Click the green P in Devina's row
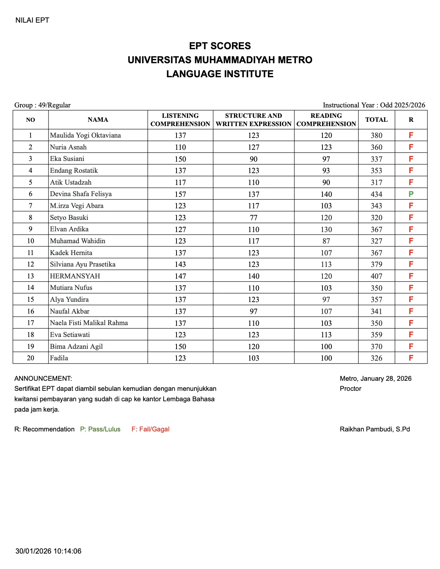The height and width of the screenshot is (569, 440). (x=411, y=194)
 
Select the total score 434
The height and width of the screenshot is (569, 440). (x=376, y=194)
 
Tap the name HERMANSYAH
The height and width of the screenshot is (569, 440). (x=75, y=276)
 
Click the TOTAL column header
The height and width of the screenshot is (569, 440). (x=376, y=120)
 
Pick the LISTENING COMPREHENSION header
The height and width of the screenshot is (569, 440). (x=180, y=120)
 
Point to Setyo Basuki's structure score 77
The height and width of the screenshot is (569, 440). (x=253, y=218)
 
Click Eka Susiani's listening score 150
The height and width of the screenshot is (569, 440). (x=180, y=159)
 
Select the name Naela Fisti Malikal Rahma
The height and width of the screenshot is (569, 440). (x=89, y=323)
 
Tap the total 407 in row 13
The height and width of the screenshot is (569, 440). (x=376, y=276)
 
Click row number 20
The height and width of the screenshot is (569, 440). (x=31, y=358)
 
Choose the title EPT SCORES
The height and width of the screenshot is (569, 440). (x=220, y=46)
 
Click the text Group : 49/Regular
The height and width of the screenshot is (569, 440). (x=42, y=105)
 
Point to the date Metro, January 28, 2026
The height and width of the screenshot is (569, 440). (x=375, y=378)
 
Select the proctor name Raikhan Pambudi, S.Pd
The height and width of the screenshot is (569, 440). (x=375, y=429)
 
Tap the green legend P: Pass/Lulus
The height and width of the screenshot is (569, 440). (x=100, y=429)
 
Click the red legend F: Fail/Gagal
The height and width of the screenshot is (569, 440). (x=150, y=429)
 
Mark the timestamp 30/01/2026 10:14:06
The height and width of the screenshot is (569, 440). (x=48, y=551)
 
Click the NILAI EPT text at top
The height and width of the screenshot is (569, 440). (x=32, y=20)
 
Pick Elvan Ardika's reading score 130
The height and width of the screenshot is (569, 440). (x=326, y=230)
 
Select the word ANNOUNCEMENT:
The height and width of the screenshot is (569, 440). (x=43, y=378)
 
